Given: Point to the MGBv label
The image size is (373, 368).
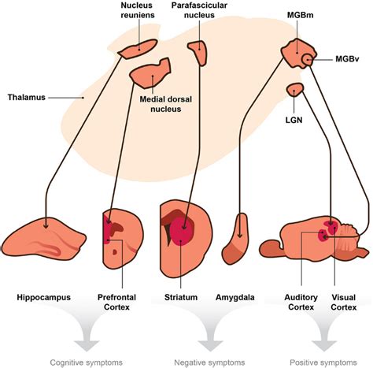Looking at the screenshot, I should [x=347, y=59].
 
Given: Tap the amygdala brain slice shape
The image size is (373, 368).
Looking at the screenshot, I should [x=238, y=240].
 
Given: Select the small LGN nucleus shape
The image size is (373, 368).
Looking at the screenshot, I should [x=295, y=89].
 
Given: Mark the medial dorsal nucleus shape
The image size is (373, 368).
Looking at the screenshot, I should [x=151, y=73].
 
